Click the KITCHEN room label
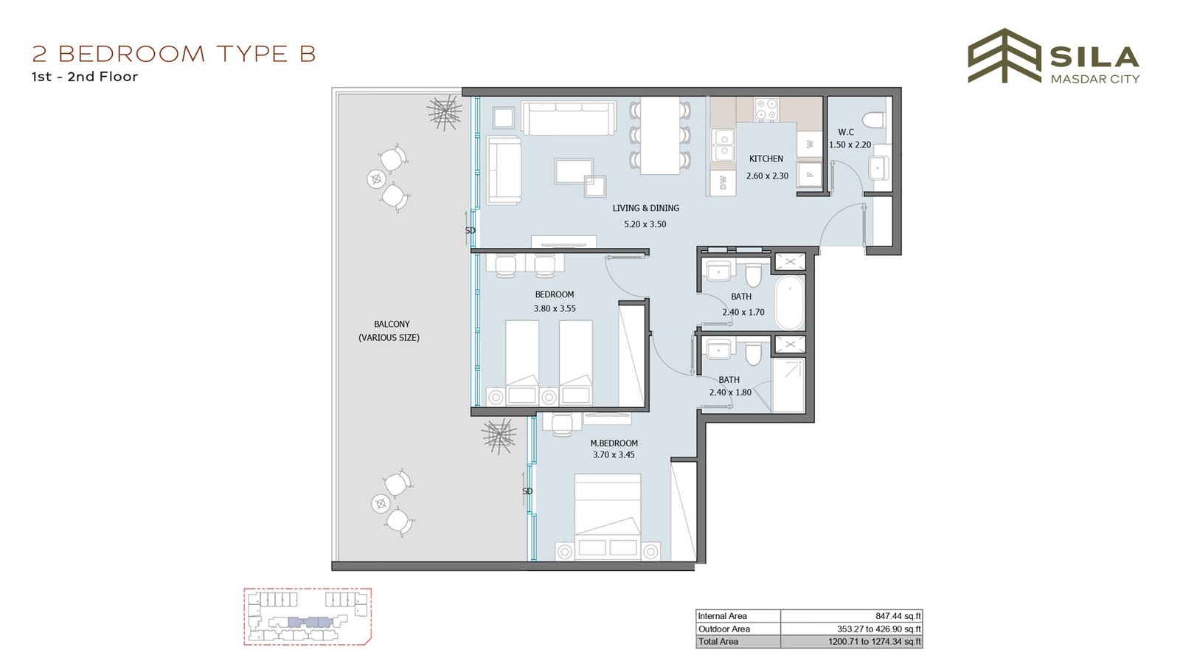click(x=766, y=159)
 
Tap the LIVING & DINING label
click(x=645, y=208)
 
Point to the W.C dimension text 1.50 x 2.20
click(x=850, y=145)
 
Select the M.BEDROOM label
click(x=614, y=443)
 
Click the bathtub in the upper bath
click(x=789, y=302)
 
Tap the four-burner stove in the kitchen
click(x=766, y=110)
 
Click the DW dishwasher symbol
click(x=723, y=183)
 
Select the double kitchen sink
click(x=723, y=145)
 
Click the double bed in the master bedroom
click(x=608, y=517)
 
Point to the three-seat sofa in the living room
click(x=569, y=117)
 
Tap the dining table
click(x=659, y=136)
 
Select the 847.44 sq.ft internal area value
click(x=898, y=615)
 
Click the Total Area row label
click(x=718, y=641)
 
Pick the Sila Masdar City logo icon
click(x=1004, y=56)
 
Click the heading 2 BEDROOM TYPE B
click(x=174, y=54)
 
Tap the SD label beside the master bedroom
click(x=527, y=491)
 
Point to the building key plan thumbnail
click(x=308, y=617)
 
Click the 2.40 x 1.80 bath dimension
click(x=730, y=392)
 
